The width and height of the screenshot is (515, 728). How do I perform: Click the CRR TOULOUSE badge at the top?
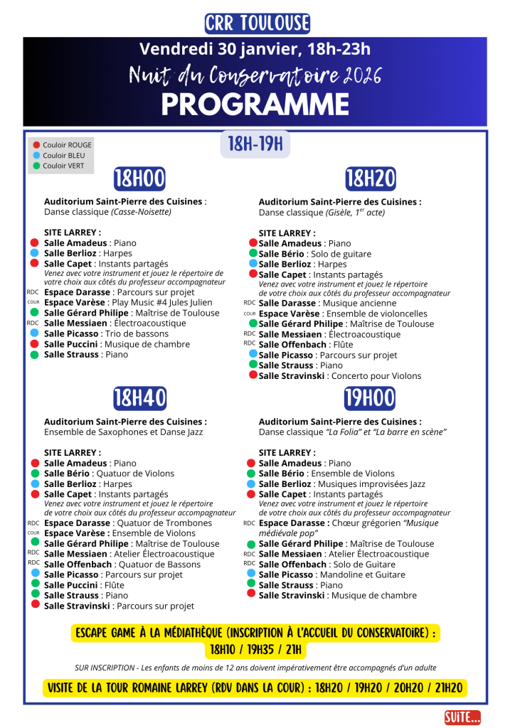pyautogui.click(x=257, y=23)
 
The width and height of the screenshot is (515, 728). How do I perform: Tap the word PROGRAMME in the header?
pyautogui.click(x=255, y=104)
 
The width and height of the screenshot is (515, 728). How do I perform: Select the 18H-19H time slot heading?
pyautogui.click(x=255, y=145)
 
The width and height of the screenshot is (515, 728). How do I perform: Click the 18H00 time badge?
pyautogui.click(x=139, y=178)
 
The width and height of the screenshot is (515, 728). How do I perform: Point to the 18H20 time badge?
pyautogui.click(x=370, y=178)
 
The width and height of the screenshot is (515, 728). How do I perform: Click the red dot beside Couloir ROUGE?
pyautogui.click(x=36, y=145)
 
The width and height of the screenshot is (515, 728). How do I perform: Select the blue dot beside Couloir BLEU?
pyautogui.click(x=36, y=156)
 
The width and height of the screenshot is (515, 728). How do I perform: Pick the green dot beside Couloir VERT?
pyautogui.click(x=36, y=166)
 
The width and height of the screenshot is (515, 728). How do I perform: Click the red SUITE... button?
pyautogui.click(x=462, y=717)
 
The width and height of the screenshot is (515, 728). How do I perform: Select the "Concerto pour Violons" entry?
pyautogui.click(x=376, y=376)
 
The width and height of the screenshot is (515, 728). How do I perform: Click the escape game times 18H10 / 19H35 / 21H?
pyautogui.click(x=255, y=650)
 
